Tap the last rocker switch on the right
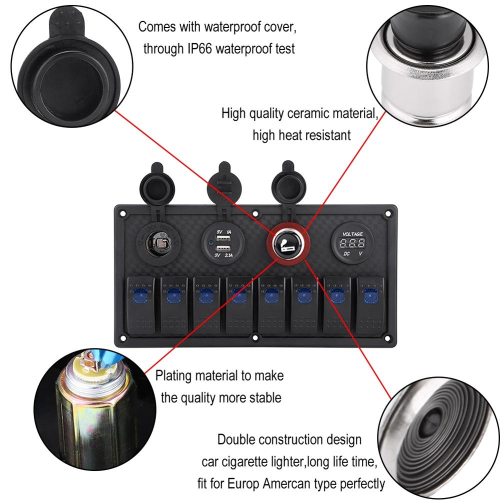click(x=371, y=305)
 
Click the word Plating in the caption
click(x=173, y=375)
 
